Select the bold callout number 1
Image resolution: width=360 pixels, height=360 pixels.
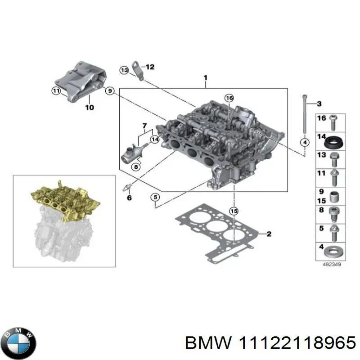(205, 78)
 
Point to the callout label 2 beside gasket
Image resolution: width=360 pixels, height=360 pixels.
(269, 234)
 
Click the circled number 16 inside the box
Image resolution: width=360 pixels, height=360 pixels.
(229, 98)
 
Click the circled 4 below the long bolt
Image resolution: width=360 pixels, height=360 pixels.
(305, 143)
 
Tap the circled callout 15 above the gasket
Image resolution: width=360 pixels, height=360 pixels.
(233, 211)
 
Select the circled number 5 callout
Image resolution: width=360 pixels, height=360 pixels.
(154, 197)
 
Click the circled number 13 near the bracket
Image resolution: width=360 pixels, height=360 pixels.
(124, 70)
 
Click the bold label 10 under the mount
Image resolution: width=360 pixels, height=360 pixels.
(89, 108)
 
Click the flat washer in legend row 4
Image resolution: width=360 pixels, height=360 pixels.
(333, 250)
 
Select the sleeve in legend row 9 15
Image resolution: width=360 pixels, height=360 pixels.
(333, 197)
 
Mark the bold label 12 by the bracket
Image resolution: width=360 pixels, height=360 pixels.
(150, 67)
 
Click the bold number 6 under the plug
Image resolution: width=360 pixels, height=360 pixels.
(129, 198)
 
